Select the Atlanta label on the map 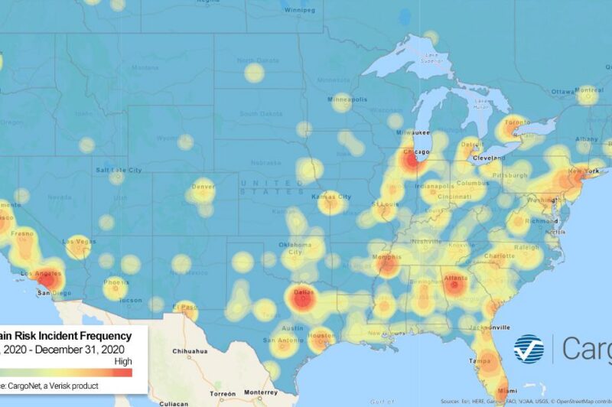point(456,278)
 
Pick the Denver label point(203,186)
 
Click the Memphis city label point(387,258)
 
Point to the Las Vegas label point(79,243)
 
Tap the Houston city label point(321,336)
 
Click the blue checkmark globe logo point(529,348)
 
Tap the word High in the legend point(122,361)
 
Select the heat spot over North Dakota point(254,73)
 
